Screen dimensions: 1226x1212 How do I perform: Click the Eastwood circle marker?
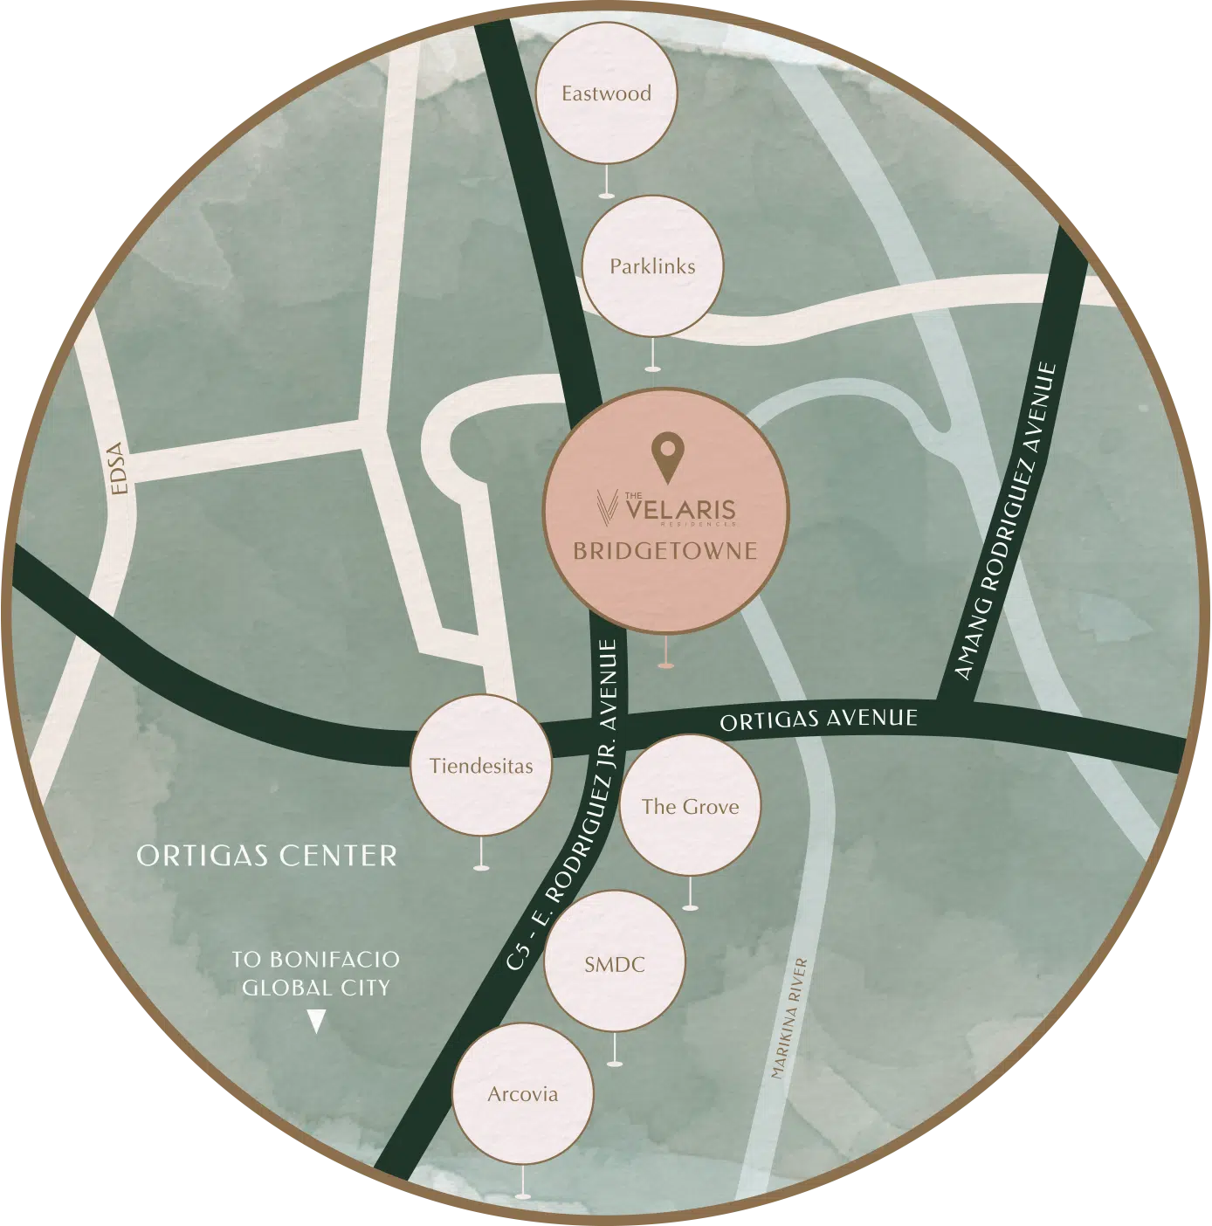[x=607, y=93]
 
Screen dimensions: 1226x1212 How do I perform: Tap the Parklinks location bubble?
[x=652, y=266]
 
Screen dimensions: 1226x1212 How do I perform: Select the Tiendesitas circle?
[x=481, y=766]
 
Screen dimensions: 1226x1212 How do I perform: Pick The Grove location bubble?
[x=690, y=806]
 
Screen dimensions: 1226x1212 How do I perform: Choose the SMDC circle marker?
[x=615, y=964]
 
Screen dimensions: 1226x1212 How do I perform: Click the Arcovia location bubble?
[x=522, y=1094]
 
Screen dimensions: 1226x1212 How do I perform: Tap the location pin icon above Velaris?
[x=666, y=457]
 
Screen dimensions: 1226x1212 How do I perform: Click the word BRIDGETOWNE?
[x=665, y=551]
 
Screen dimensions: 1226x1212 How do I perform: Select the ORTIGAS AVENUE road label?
[x=818, y=720]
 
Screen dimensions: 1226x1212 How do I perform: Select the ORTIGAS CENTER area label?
[x=267, y=856]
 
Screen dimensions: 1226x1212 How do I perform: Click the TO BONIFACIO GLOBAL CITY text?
[x=315, y=974]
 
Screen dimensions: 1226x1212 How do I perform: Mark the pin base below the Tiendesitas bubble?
[x=480, y=867]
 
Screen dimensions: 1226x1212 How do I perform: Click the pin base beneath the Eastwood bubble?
[x=606, y=195]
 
